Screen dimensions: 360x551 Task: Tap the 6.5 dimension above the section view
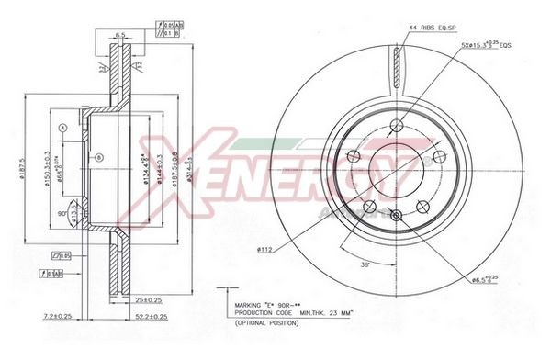[119, 36]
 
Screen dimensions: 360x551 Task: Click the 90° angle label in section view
[62, 213]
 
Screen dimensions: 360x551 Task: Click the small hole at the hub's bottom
[396, 216]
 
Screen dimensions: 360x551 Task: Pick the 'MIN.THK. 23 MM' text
[329, 315]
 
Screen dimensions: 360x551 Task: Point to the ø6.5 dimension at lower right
[482, 279]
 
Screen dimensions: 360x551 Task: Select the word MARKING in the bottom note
[251, 306]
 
